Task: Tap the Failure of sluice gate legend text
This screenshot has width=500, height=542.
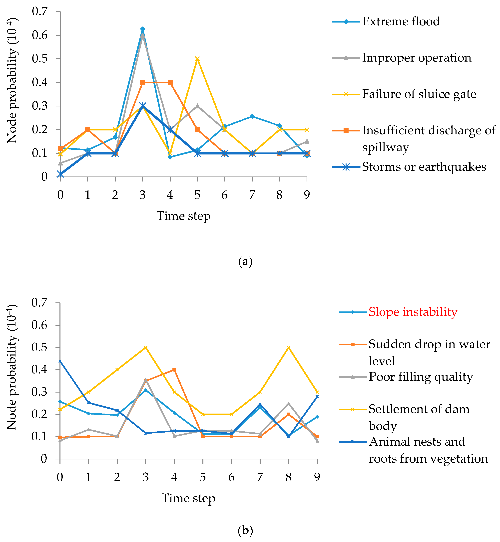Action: (x=419, y=94)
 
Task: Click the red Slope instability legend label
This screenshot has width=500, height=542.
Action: (x=413, y=312)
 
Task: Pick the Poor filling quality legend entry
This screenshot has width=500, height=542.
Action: (x=421, y=377)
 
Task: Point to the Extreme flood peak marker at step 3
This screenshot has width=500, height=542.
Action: (x=143, y=29)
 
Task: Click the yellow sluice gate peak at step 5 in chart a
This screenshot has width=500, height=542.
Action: (x=197, y=59)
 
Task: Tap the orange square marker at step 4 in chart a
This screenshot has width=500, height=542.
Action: (x=170, y=83)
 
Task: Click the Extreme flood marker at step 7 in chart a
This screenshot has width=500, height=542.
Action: (x=252, y=116)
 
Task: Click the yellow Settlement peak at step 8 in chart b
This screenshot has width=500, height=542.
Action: (x=288, y=347)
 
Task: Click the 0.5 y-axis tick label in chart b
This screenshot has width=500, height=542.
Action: (x=39, y=347)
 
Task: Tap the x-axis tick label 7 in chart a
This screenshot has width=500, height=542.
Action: (x=252, y=195)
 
